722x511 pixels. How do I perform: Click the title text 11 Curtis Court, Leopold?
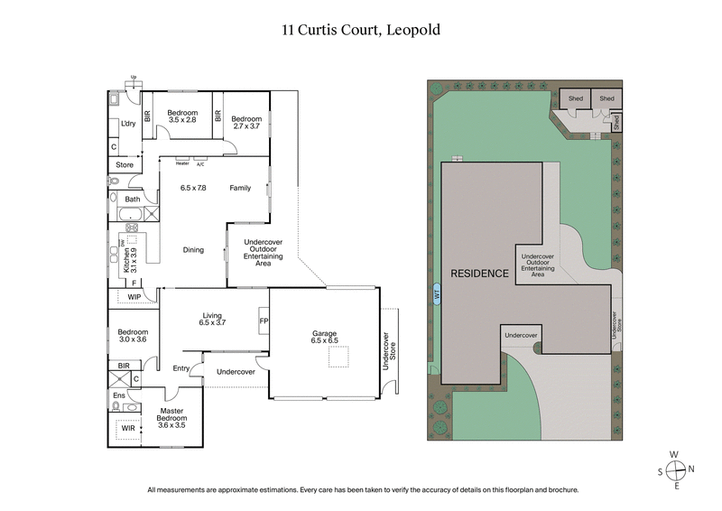point(361,30)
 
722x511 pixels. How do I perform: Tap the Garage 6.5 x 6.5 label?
point(324,338)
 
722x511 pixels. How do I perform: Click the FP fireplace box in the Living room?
point(264,321)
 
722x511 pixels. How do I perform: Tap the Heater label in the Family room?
point(182,163)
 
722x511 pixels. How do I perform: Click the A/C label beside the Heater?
point(200,163)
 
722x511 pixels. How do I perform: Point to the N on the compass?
point(690,469)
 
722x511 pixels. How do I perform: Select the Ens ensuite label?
point(119,395)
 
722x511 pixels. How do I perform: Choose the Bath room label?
point(133,199)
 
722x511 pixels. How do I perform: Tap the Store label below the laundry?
point(125,165)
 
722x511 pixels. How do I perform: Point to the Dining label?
point(193,250)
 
